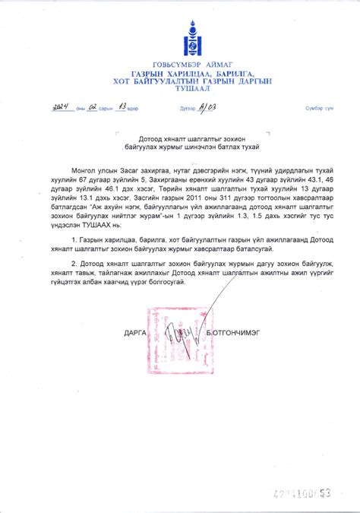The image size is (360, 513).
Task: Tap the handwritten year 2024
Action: (62, 108)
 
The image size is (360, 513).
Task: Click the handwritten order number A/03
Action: (207, 108)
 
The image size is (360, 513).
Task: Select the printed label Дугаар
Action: (187, 109)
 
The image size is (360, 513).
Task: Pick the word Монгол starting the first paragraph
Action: (87, 162)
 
